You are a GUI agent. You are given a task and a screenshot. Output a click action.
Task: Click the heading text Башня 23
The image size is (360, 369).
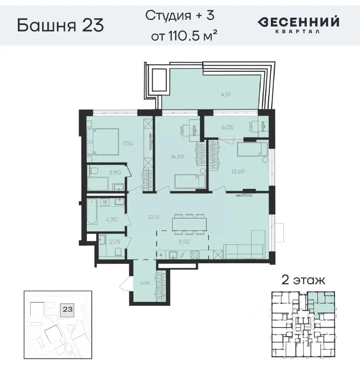[60, 25]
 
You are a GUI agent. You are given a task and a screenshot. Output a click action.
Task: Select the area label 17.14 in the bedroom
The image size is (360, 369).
[128, 144]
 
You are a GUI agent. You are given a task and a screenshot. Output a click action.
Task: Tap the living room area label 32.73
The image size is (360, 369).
[153, 217]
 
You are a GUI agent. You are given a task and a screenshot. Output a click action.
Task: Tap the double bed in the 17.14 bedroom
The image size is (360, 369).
[103, 141]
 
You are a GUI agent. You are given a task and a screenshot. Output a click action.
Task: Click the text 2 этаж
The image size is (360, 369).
[303, 280]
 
